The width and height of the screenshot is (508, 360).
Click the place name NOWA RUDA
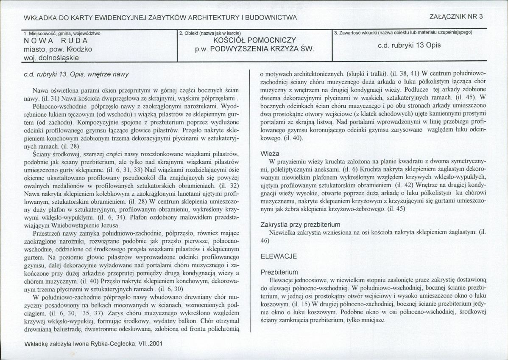(x=56, y=41)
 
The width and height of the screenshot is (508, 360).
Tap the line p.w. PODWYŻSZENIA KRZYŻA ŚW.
(x=254, y=49)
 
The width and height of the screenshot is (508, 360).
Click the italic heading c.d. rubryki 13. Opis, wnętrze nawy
(x=76, y=74)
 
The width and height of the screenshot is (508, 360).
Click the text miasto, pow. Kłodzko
(x=58, y=49)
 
